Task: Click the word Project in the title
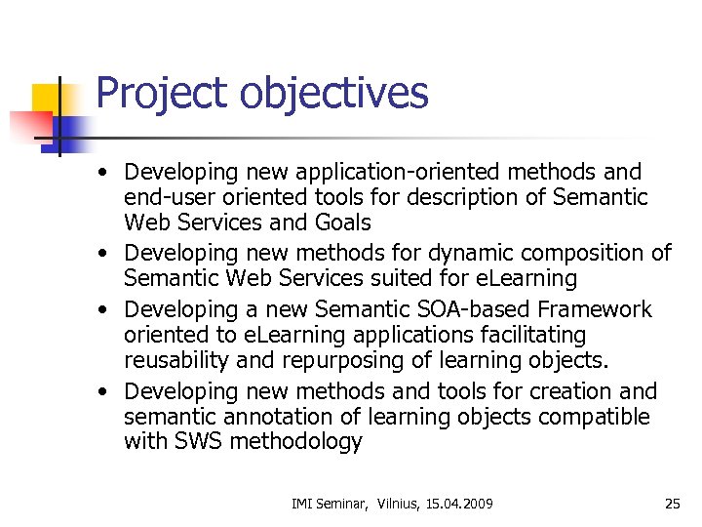tap(160, 95)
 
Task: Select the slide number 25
tap(672, 504)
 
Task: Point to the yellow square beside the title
tap(48, 98)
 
